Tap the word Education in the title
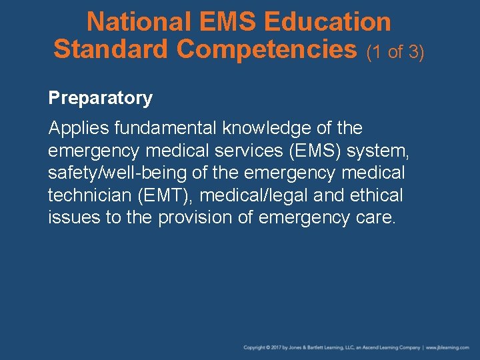(327, 22)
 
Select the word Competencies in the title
(267, 49)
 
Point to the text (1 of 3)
(395, 51)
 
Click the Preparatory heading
(100, 98)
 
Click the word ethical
(379, 195)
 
